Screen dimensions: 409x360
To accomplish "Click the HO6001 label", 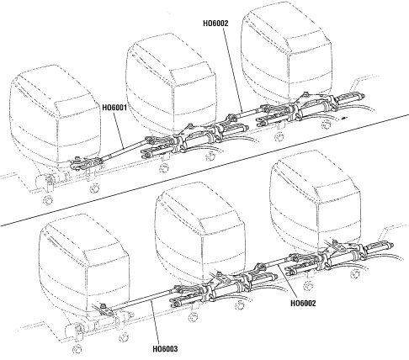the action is (114, 108).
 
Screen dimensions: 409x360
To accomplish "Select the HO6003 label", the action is (165, 349).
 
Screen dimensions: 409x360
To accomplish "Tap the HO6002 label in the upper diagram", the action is (215, 24).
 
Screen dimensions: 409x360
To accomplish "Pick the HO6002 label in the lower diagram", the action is (303, 303).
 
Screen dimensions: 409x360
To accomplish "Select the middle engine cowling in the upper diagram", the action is (171, 84).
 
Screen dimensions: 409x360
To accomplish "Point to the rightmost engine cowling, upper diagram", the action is (286, 53).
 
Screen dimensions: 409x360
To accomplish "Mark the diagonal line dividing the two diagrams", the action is (204, 170).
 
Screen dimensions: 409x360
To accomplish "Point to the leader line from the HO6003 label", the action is (155, 322).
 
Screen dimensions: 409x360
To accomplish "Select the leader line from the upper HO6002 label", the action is (233, 69).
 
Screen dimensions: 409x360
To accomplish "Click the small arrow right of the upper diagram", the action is (343, 119).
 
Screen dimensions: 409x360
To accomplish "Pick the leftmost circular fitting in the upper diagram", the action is (48, 201).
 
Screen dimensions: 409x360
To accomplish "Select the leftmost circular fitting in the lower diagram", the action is (77, 350).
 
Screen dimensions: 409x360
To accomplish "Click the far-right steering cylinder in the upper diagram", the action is (349, 97).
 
